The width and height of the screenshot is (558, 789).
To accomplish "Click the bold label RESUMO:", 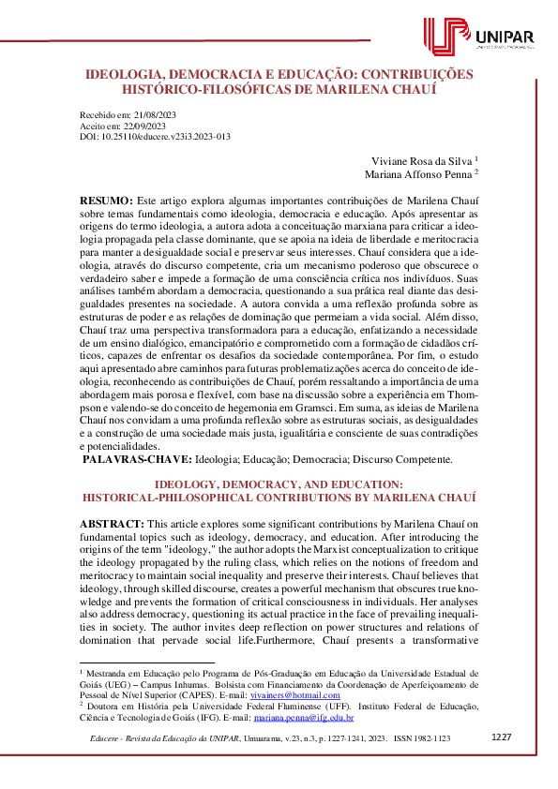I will coord(106,201).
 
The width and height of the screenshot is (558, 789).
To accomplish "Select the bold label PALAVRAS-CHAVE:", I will coord(138,459).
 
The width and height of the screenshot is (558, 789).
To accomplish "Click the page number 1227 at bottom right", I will coord(502,737).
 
